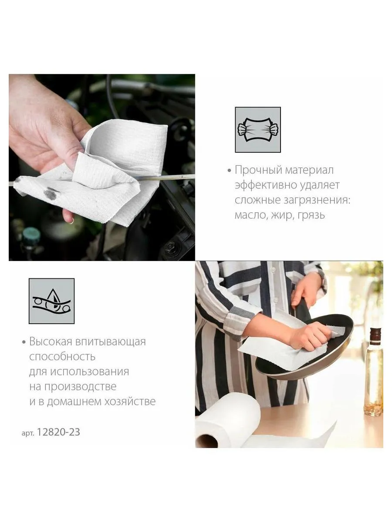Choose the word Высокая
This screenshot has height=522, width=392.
[51, 342]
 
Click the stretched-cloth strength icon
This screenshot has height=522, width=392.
[258, 130]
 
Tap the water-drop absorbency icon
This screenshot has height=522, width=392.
[51, 301]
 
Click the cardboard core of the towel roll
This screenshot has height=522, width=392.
[206, 441]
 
